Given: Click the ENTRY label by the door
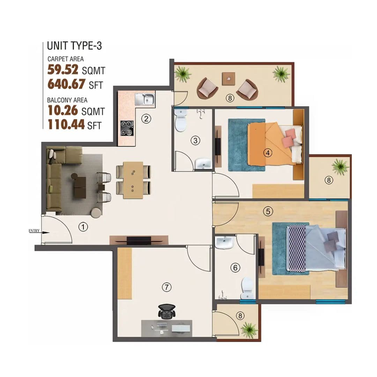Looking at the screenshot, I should click(34, 231).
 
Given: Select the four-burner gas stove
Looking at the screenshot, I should click(127, 128).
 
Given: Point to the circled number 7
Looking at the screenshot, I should click(167, 287).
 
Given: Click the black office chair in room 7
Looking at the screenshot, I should click(166, 311).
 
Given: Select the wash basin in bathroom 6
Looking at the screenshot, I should click(224, 243).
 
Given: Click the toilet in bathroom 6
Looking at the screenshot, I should click(247, 288).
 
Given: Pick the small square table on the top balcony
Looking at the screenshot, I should click(228, 79).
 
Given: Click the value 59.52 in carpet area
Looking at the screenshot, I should click(64, 70).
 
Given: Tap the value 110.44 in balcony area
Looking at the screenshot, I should click(66, 125).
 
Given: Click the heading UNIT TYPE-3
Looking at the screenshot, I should click(74, 46).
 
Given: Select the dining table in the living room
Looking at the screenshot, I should click(133, 180).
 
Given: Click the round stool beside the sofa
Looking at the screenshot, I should click(96, 212).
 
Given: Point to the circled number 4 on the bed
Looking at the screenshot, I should click(267, 153).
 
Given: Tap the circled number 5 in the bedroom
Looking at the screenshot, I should click(267, 211).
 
